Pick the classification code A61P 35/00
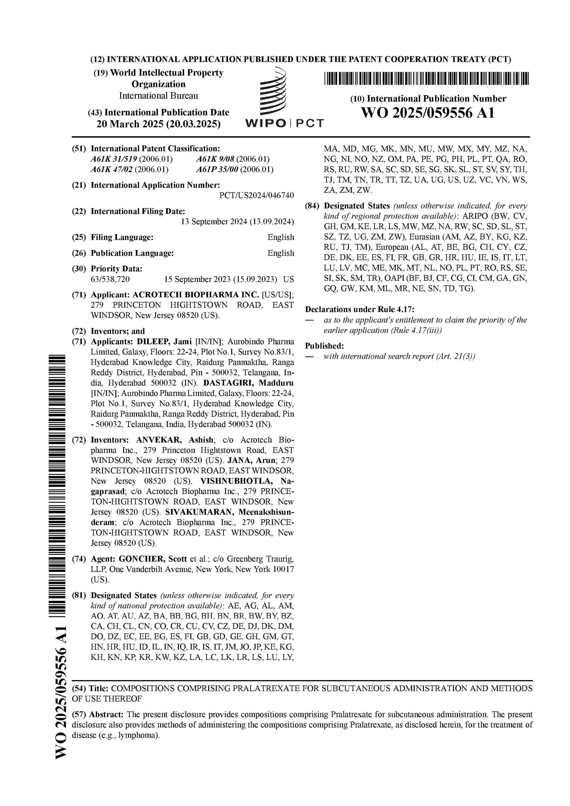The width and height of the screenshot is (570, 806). pyautogui.click(x=217, y=170)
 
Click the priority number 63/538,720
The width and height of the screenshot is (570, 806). pyautogui.click(x=110, y=279)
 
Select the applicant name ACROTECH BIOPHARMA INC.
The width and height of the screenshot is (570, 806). pyautogui.click(x=196, y=295)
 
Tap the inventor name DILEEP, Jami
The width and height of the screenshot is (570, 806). pyautogui.click(x=164, y=342)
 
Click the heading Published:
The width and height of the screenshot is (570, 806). pyautogui.click(x=324, y=346)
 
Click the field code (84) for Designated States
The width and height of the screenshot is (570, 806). pyautogui.click(x=311, y=206)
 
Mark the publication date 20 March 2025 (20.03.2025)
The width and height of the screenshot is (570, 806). pyautogui.click(x=158, y=124)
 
